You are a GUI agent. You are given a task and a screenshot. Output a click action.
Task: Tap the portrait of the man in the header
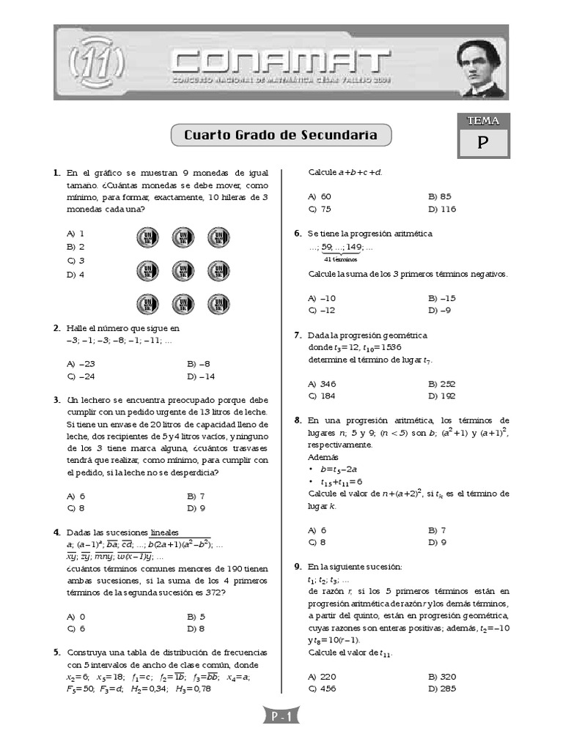481,69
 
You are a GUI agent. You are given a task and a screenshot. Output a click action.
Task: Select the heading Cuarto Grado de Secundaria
281,135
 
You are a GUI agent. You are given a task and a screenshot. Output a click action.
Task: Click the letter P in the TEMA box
482,144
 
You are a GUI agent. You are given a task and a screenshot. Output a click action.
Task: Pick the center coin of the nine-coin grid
183,271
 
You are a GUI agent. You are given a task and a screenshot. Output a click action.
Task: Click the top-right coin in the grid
218,237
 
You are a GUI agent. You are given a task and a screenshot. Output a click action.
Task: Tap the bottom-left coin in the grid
148,304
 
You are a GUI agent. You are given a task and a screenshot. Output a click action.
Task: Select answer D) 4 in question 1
76,275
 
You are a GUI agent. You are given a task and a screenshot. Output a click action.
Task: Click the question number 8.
298,420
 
